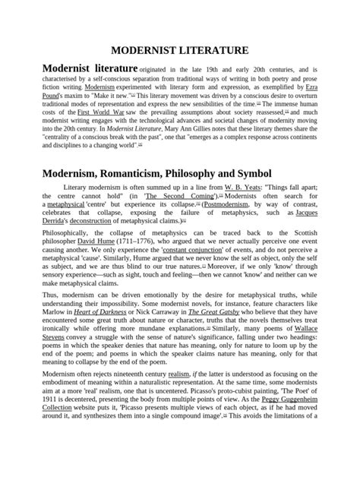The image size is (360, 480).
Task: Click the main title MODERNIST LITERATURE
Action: [180, 50]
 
